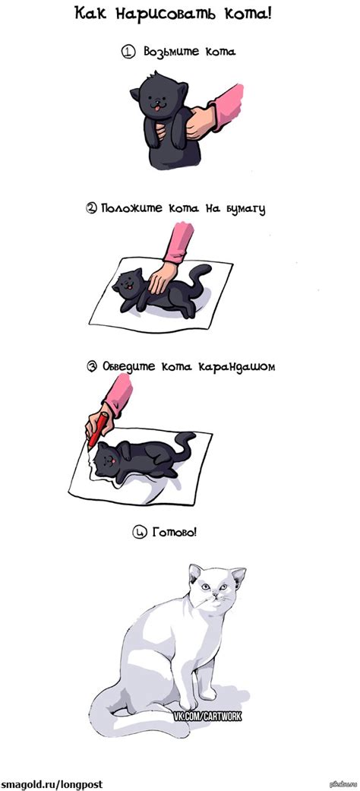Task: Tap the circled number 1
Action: click(128, 52)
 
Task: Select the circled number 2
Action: click(91, 208)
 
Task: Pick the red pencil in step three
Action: click(96, 429)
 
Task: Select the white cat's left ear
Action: click(196, 571)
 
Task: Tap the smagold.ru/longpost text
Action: click(52, 783)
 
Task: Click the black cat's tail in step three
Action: click(185, 441)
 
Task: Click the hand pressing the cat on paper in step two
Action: click(161, 279)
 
